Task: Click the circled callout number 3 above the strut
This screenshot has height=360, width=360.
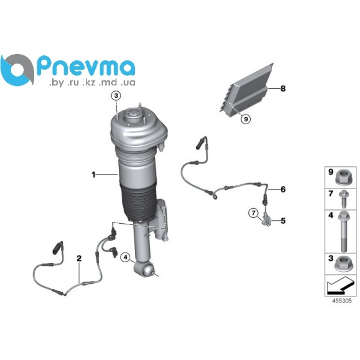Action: click(116, 95)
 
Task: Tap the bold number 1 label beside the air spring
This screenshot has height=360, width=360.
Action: click(94, 175)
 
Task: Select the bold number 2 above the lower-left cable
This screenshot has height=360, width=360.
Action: click(79, 259)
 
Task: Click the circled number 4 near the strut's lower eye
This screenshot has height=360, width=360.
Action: click(125, 257)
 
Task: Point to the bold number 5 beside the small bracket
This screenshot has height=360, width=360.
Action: click(283, 221)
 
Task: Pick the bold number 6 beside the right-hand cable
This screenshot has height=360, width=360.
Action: click(283, 190)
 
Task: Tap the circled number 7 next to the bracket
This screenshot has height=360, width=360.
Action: click(253, 213)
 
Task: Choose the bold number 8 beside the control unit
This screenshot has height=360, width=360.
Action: click(283, 88)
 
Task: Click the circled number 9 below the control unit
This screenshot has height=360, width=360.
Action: click(245, 119)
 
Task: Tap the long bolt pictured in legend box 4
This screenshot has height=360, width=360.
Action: click(343, 232)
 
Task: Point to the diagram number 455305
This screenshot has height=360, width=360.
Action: click(342, 301)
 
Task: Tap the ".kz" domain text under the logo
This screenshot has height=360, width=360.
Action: click(89, 83)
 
